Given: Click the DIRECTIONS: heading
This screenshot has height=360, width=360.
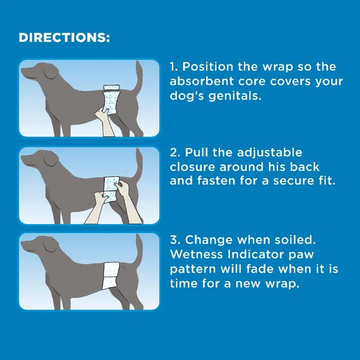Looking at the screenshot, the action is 64,38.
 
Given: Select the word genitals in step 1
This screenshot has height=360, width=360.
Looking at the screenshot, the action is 235,96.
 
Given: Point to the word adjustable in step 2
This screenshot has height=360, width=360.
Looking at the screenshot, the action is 269,153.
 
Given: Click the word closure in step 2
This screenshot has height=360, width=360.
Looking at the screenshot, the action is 193,167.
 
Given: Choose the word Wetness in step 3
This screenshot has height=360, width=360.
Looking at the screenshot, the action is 196,254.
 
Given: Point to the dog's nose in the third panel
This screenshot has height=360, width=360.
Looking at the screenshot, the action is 22,244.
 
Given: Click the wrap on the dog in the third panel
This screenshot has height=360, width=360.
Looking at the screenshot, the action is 112,276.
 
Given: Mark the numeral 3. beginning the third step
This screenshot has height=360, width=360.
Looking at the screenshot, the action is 176,240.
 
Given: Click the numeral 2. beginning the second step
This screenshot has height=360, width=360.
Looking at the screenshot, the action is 176,153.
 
